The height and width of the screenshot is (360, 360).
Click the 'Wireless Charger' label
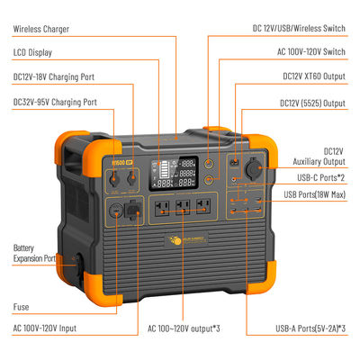pos(41,29)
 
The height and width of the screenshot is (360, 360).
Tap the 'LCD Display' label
pos(34,52)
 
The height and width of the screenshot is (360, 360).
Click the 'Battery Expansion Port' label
pos(35,253)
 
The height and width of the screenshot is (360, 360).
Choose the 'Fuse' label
pos(22,306)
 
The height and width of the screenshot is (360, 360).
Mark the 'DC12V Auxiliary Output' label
pos(323,156)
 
